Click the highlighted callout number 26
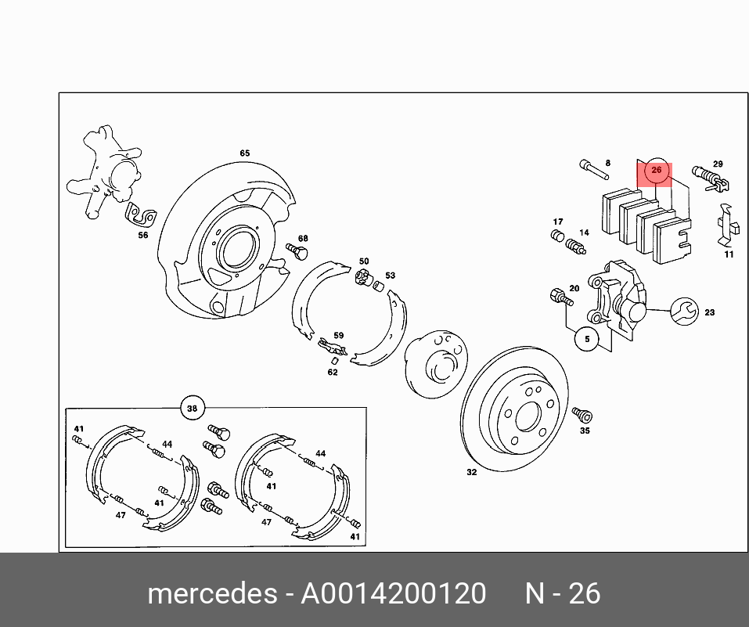click(656, 170)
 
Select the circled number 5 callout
click(586, 339)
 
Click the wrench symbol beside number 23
click(682, 311)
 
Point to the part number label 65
click(244, 153)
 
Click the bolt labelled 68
click(297, 251)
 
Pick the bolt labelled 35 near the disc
click(582, 414)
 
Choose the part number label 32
click(471, 472)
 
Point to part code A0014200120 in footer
click(394, 594)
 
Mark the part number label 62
click(333, 372)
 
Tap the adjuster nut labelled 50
click(362, 276)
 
